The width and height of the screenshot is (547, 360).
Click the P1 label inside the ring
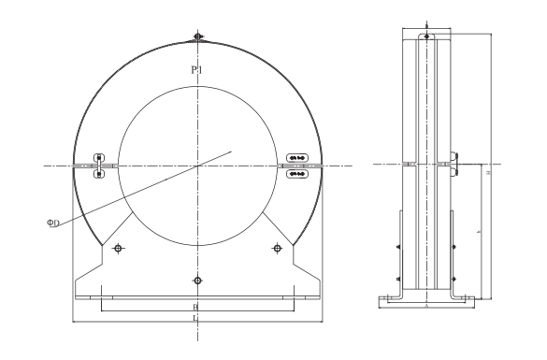tap(196, 70)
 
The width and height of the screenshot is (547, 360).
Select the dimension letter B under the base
tap(195, 306)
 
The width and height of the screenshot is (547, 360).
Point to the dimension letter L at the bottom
tap(195, 319)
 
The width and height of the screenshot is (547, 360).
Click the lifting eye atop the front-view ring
tap(197, 37)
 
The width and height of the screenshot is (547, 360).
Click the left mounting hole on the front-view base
tap(118, 248)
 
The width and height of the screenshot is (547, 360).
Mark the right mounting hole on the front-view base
tap(276, 248)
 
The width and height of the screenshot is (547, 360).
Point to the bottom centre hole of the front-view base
tap(196, 280)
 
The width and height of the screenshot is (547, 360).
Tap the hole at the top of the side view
tap(426, 37)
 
